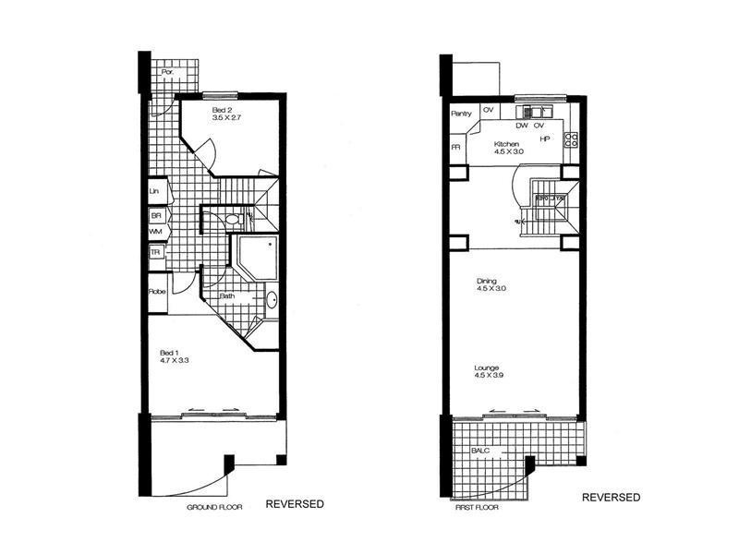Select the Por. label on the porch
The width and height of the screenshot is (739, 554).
pos(167,72)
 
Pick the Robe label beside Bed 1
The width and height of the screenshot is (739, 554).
pos(156,292)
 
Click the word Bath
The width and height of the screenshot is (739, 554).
pos(227,296)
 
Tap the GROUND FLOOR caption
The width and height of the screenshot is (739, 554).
pos(213,508)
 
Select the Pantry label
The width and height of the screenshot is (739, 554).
pos(462,114)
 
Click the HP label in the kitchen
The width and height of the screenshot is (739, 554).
pos(546,139)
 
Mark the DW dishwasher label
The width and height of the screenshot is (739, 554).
pos(521,125)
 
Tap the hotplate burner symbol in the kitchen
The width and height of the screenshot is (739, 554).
pos(571,140)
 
